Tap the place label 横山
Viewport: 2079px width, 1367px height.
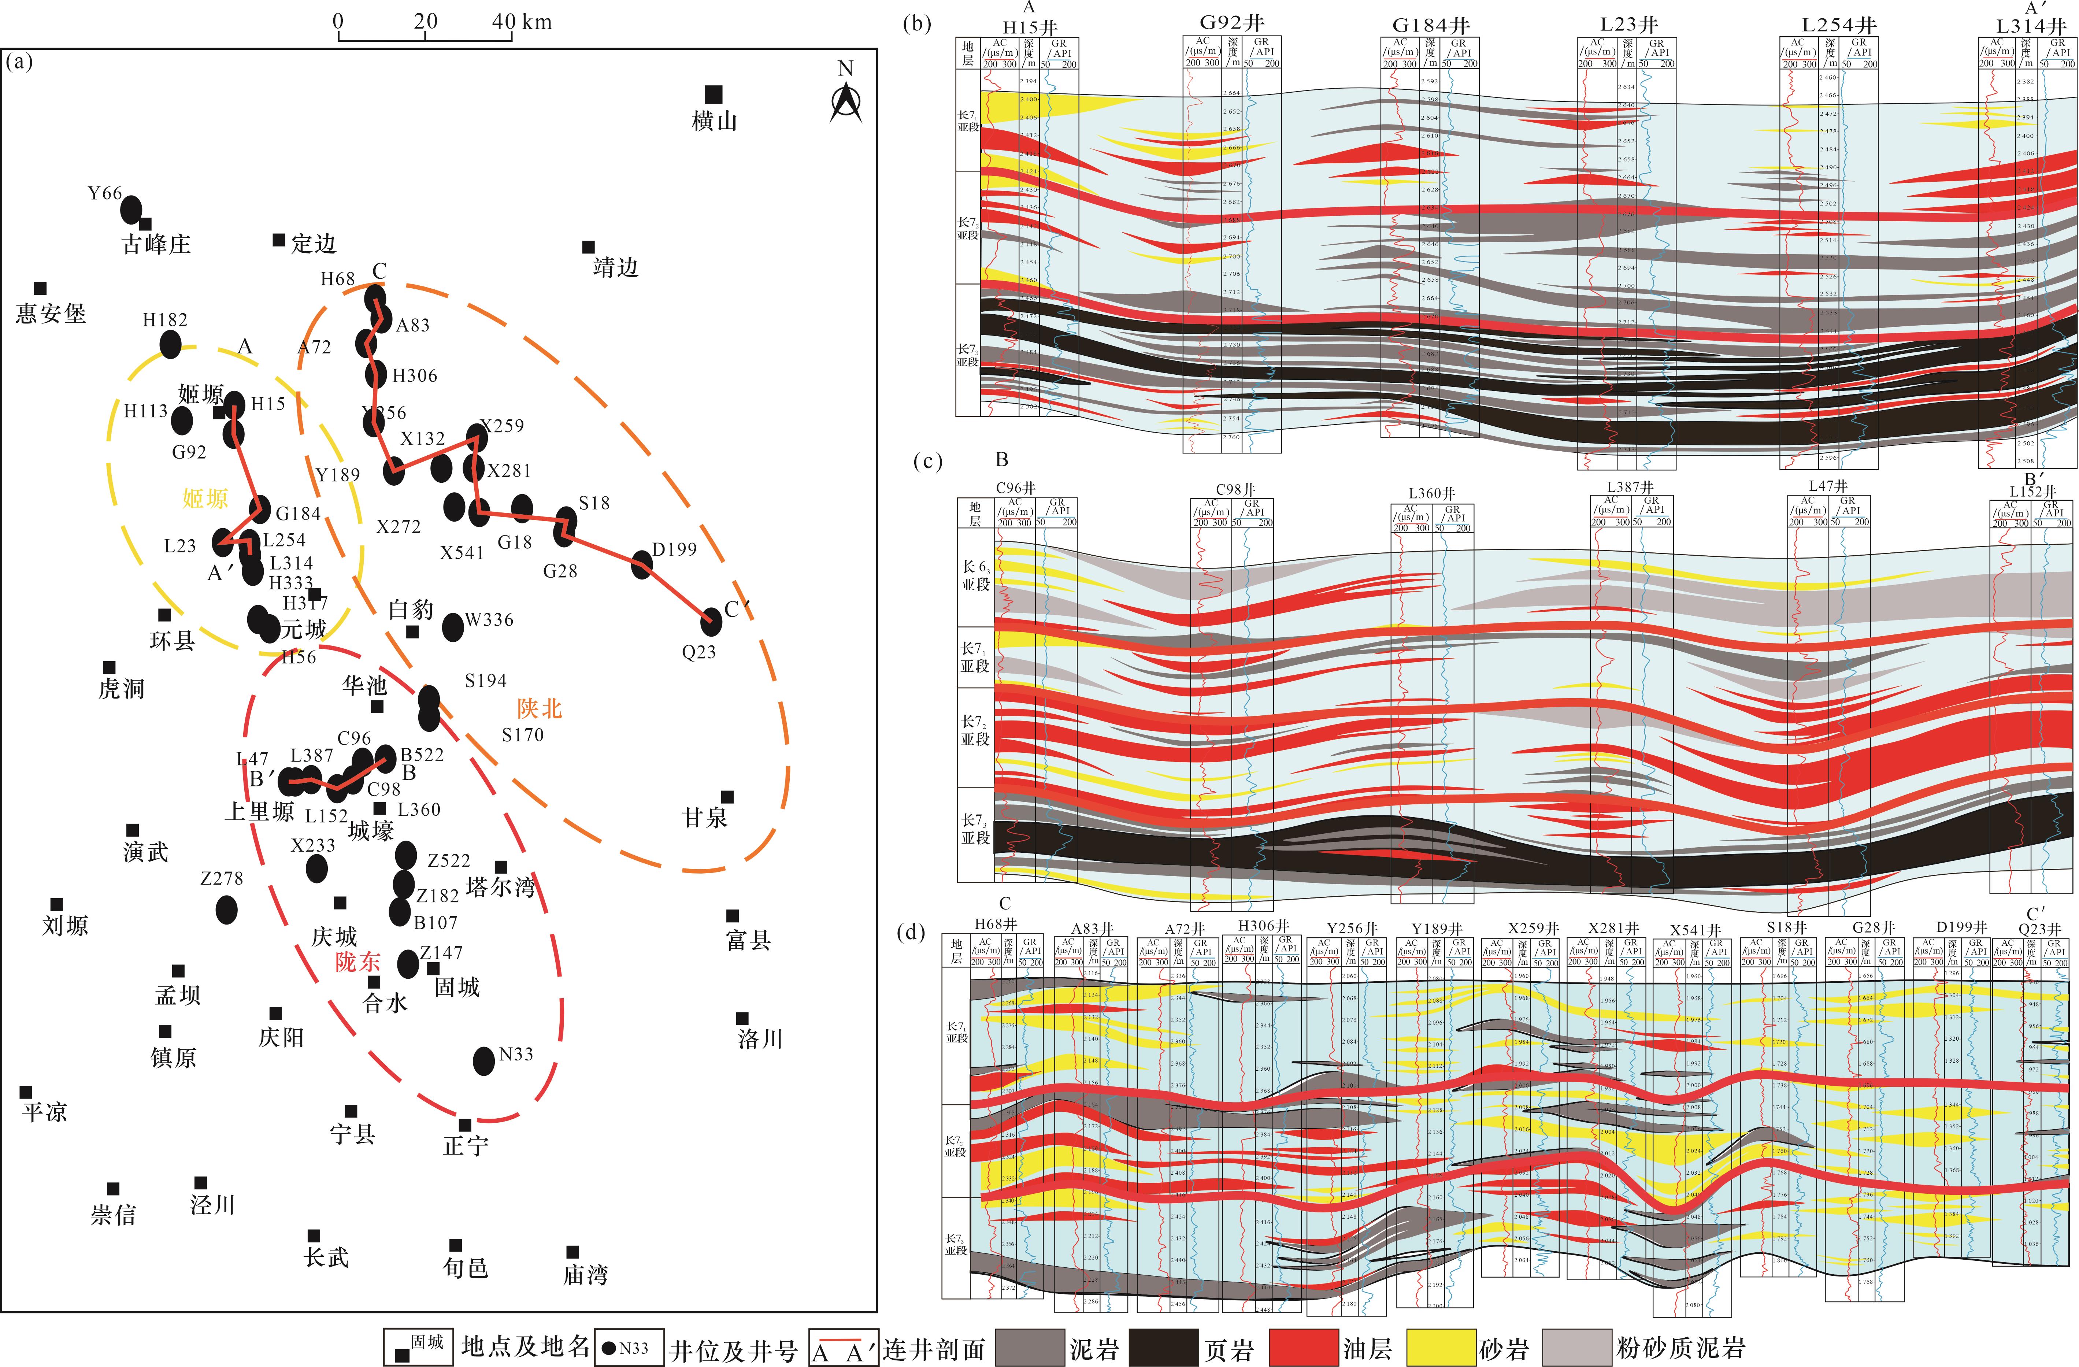[x=715, y=121]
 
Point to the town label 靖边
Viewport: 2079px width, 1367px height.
[x=616, y=267]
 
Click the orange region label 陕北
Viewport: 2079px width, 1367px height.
[x=539, y=708]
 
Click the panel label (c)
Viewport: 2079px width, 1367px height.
[x=928, y=461]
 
